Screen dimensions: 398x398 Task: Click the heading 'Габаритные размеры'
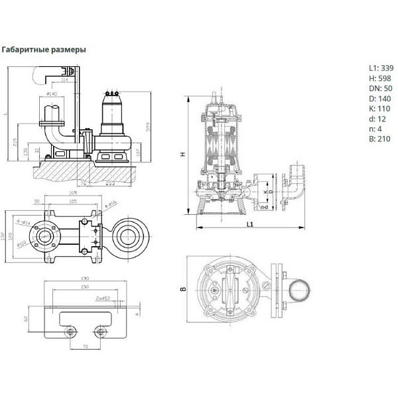click(44, 49)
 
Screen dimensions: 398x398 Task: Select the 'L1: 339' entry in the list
click(381, 68)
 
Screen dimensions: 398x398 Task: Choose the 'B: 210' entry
click(379, 139)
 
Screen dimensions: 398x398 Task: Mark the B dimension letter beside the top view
click(182, 288)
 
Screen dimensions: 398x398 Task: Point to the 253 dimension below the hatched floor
click(110, 182)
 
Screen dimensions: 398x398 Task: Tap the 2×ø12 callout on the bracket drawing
click(102, 298)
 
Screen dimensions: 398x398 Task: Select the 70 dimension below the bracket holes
click(85, 346)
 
